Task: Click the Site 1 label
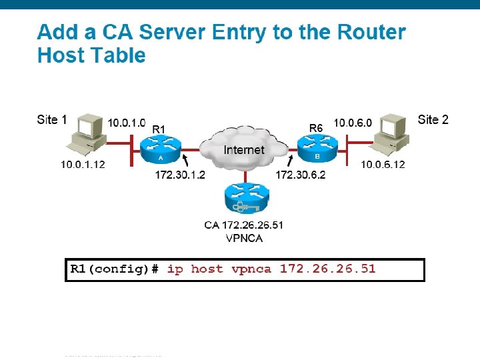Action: click(52, 120)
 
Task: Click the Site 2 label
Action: click(433, 120)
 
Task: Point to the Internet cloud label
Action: click(243, 150)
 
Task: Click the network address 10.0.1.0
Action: click(127, 123)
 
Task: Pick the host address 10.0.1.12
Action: click(83, 165)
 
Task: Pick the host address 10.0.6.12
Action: click(383, 165)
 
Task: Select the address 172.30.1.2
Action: click(179, 175)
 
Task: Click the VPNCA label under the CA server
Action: click(243, 238)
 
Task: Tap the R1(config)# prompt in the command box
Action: click(115, 269)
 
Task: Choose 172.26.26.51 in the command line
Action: click(327, 269)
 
